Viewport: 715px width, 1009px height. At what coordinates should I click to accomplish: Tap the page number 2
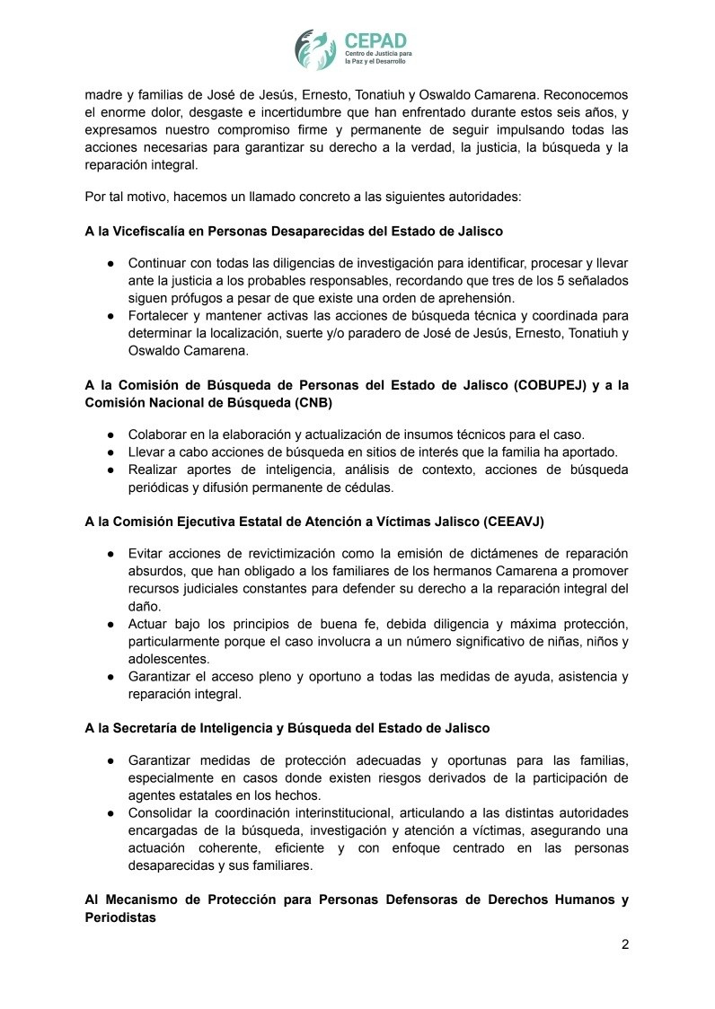(624, 944)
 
